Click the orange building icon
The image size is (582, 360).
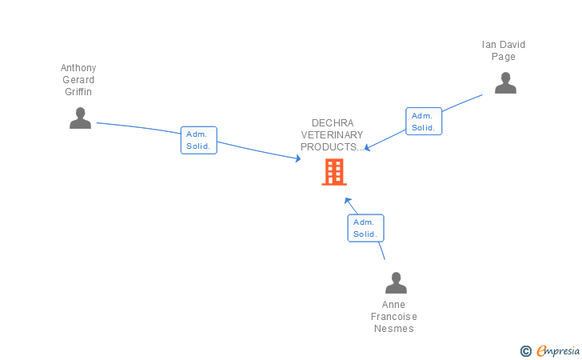334,172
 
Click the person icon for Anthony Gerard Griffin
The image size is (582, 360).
80,118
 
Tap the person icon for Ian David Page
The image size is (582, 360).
505,83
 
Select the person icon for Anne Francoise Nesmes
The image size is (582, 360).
396,283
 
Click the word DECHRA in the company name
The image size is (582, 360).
332,123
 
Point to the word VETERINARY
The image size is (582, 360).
332,135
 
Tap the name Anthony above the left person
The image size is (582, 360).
78,68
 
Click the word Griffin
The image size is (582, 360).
78,92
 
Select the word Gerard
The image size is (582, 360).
78,80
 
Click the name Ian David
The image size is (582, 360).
504,45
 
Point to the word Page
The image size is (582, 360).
504,57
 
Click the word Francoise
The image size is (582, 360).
394,317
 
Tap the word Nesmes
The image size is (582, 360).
394,329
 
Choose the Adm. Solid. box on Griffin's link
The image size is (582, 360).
198,140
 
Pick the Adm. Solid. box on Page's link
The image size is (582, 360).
423,122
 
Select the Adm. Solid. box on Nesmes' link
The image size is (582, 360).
365,228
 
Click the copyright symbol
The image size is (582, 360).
525,350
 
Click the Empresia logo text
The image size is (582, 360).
558,350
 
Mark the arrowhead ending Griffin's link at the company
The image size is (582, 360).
297,159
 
